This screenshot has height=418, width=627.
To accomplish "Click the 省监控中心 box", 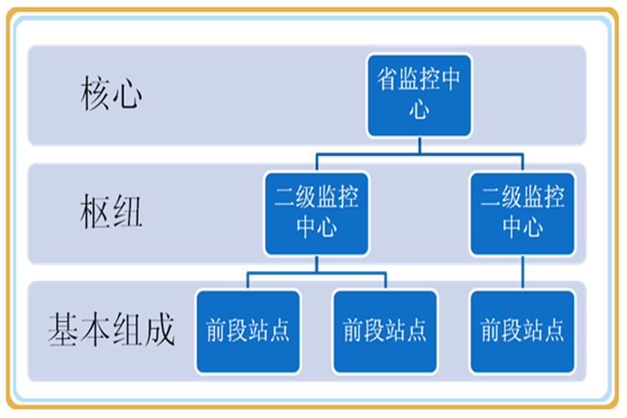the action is click(419, 95).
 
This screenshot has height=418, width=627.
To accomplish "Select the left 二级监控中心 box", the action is click(316, 214).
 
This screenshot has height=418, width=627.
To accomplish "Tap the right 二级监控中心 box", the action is click(522, 214).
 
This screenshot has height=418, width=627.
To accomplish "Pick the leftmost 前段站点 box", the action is click(248, 332).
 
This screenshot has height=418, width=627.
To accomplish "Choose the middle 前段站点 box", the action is click(385, 332).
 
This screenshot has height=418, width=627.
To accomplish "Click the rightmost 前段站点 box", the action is click(522, 332).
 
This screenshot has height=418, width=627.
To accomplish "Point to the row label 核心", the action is click(111, 94).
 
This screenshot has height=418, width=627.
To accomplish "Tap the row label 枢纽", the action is click(111, 212).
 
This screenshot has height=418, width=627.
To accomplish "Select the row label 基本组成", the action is click(111, 329).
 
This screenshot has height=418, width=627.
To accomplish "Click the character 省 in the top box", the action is click(387, 79).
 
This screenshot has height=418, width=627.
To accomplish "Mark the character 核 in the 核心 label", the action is click(95, 94).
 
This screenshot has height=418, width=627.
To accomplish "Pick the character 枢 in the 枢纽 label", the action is click(95, 212).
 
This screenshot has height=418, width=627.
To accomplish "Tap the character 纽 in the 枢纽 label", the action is click(128, 212).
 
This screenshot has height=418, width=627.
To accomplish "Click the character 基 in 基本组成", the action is click(64, 329).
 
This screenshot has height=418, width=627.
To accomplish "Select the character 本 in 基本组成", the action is click(95, 329).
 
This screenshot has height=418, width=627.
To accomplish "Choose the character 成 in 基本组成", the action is click(160, 329).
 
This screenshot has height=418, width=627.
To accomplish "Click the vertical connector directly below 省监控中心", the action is click(420, 145).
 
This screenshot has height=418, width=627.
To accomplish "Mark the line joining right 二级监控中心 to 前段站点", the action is click(522, 273).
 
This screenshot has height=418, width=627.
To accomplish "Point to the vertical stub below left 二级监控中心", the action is click(316, 264).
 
